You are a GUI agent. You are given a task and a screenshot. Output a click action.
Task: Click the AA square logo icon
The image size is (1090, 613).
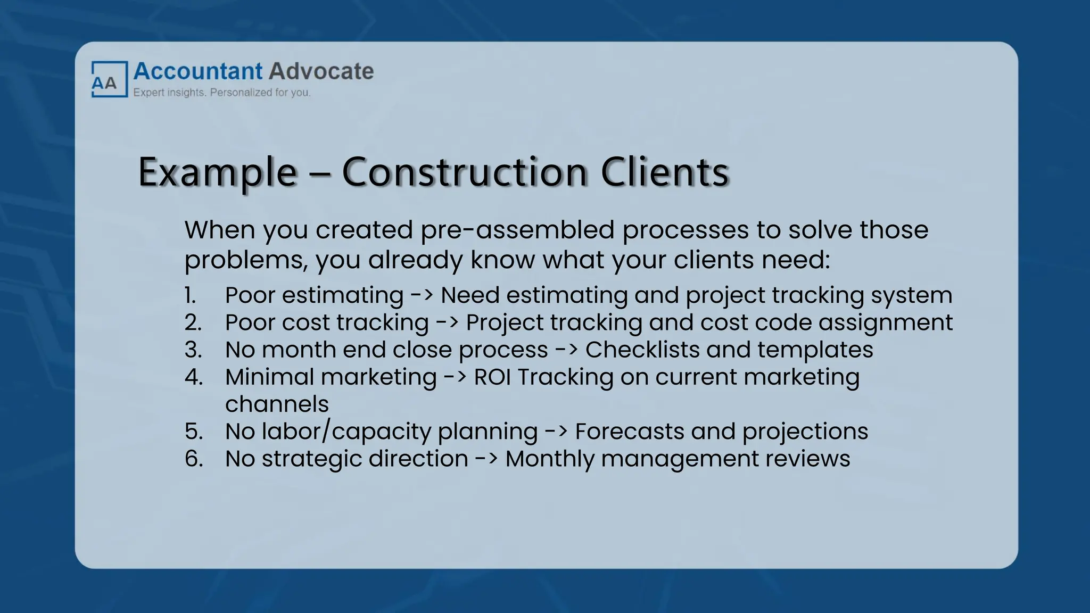(x=110, y=79)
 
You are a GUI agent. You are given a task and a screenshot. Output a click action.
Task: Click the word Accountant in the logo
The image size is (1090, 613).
(x=198, y=71)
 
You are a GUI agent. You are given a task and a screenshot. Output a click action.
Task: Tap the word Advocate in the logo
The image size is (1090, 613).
(x=321, y=71)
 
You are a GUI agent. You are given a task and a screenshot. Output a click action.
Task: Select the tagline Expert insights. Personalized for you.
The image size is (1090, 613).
(x=221, y=93)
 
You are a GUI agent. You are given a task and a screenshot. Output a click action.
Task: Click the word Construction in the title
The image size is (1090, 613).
(x=465, y=172)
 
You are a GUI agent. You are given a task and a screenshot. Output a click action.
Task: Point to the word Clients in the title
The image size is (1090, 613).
(x=665, y=172)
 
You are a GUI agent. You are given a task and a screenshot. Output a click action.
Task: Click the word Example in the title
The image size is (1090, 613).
(x=217, y=172)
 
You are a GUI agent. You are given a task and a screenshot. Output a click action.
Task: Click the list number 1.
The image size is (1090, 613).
(x=190, y=295)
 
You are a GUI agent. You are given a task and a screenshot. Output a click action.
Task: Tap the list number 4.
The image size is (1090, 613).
(x=194, y=377)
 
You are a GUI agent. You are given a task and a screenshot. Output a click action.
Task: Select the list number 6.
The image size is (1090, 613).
(x=194, y=459)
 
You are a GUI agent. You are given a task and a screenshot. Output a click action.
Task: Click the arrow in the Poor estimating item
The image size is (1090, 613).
(x=422, y=295)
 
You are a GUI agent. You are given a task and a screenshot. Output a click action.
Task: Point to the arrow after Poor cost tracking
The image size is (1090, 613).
(x=447, y=322)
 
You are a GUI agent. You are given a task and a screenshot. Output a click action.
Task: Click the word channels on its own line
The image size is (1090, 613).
(x=277, y=404)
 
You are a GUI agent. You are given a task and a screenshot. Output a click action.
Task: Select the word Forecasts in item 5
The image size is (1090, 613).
(x=630, y=432)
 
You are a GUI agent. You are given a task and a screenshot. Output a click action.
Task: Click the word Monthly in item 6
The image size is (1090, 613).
(x=550, y=459)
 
